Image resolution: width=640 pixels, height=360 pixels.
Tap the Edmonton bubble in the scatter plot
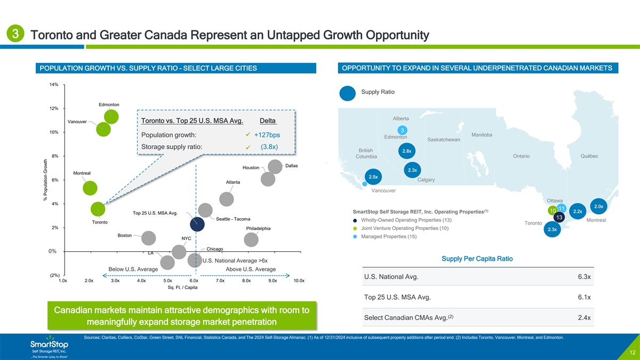[x=110, y=117]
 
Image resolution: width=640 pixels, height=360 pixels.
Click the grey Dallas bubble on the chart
[x=275, y=166]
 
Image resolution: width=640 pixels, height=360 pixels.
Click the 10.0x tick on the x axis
[x=299, y=280]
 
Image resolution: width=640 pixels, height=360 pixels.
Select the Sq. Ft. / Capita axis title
[x=182, y=287]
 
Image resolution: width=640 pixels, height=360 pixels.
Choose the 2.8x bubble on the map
[x=406, y=151]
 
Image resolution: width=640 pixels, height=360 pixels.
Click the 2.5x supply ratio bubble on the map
[x=374, y=177]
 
